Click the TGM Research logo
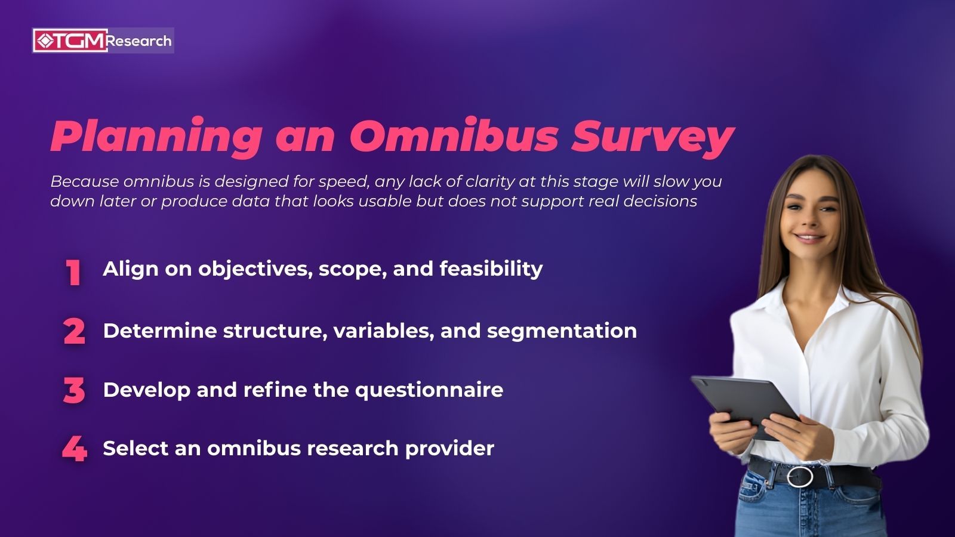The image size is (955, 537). [103, 41]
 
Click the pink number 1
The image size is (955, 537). [73, 273]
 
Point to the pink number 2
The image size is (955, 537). [75, 331]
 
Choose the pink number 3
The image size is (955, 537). [74, 391]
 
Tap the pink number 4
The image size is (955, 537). [75, 449]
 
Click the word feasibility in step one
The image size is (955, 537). [491, 269]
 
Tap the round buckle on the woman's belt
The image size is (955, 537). [799, 476]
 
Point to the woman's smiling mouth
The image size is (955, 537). [810, 237]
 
